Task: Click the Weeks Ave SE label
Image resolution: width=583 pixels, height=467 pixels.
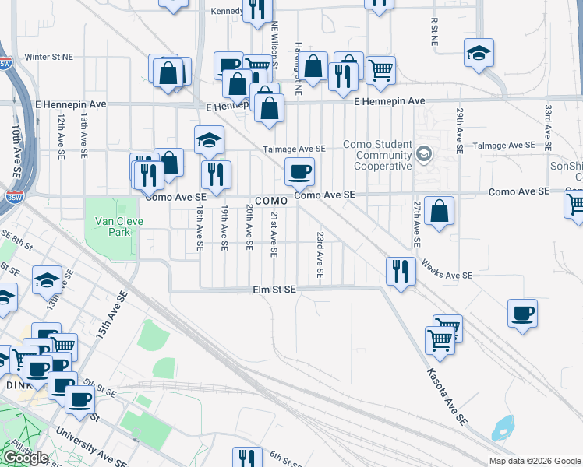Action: [447, 271]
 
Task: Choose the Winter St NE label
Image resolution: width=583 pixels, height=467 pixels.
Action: [48, 57]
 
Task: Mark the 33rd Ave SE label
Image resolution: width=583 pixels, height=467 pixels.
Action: [549, 128]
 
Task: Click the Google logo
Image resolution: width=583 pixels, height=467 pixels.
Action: [25, 458]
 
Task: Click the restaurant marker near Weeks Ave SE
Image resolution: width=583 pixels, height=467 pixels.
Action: [399, 272]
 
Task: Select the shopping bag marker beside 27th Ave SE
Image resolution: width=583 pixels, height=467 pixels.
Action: [440, 211]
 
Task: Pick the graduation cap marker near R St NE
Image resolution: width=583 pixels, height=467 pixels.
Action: [479, 54]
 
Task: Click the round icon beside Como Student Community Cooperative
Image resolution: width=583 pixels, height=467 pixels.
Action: [423, 153]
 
